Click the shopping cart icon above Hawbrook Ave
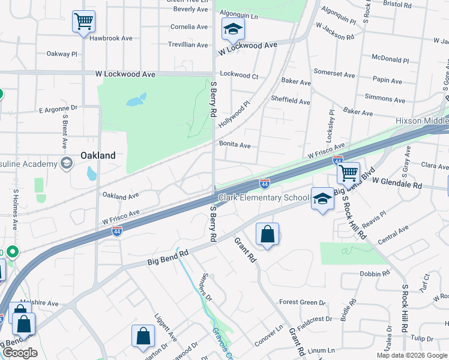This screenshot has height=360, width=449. click(83, 22)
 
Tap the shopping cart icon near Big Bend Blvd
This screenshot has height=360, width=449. click(348, 173)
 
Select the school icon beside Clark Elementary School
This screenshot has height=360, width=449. click(322, 199)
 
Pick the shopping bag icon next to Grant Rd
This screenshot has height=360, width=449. click(267, 235)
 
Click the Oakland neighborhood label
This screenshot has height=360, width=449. click(98, 155)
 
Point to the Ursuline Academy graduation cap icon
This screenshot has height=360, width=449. click(66, 163)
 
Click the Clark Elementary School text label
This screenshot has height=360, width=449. click(263, 197)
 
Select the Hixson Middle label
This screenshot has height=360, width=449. click(421, 121)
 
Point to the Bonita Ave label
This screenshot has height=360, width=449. click(235, 145)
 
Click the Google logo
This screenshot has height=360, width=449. click(20, 353)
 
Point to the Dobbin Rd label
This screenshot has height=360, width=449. click(375, 274)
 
